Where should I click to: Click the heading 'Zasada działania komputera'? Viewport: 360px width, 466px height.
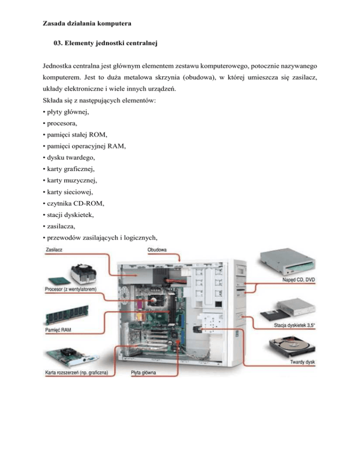click(x=87, y=23)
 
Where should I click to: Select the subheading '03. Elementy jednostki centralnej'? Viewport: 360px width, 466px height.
click(x=105, y=43)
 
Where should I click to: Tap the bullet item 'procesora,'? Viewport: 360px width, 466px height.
click(x=60, y=123)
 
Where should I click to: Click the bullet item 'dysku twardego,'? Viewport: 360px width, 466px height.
click(x=69, y=158)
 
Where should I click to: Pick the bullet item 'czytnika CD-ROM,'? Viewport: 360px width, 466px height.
click(x=74, y=203)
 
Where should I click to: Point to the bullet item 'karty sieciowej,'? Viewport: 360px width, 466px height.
click(x=68, y=192)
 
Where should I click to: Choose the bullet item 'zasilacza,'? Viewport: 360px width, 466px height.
click(x=59, y=226)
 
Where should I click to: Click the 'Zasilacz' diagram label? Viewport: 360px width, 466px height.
click(x=54, y=250)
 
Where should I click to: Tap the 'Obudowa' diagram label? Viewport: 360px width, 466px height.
click(x=157, y=250)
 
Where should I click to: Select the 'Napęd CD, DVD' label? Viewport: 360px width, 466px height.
click(x=299, y=280)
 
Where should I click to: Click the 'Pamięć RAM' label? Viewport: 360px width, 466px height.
click(x=58, y=330)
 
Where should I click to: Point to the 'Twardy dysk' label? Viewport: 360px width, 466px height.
click(x=302, y=362)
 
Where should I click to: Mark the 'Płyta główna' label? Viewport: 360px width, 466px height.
click(x=143, y=373)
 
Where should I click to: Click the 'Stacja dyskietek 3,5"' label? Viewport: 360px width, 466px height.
click(x=294, y=325)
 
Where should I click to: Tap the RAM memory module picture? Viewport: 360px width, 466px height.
click(x=67, y=316)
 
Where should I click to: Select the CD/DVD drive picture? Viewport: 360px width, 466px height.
click(x=287, y=263)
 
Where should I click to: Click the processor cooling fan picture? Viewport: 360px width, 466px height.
click(x=83, y=274)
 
